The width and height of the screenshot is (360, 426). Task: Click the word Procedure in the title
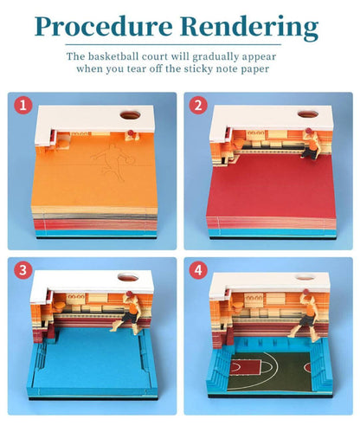tap(104, 28)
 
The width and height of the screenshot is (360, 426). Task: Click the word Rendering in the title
tap(250, 28)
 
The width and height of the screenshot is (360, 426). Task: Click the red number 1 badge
tap(23, 106)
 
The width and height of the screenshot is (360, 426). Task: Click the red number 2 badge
tap(198, 106)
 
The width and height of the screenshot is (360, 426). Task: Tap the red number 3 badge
tap(23, 270)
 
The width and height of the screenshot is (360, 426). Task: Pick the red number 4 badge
tap(198, 270)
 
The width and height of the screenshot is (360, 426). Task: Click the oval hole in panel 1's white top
tap(131, 115)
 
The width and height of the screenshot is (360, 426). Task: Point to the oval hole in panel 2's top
tap(308, 113)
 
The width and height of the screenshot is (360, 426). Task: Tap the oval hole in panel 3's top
tap(128, 277)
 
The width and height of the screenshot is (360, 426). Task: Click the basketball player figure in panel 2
tap(310, 145)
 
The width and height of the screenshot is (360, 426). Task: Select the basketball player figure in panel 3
tap(127, 313)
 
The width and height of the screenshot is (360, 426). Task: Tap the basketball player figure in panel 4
tap(305, 313)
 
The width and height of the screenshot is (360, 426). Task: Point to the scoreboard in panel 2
tap(256, 133)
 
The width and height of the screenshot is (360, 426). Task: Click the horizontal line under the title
tap(173, 45)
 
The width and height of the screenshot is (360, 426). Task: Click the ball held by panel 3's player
tap(129, 294)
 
